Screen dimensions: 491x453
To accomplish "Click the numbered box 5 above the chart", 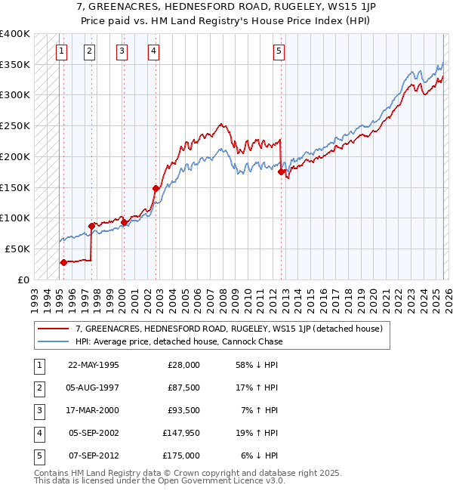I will click(x=279, y=51).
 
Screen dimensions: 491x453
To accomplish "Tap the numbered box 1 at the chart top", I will click(x=60, y=51).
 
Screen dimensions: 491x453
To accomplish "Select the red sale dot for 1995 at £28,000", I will click(x=63, y=262).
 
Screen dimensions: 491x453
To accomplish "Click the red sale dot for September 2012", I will click(x=281, y=172).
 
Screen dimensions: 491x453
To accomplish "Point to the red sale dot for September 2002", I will click(x=156, y=188).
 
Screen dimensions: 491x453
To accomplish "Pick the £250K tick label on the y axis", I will click(x=15, y=125).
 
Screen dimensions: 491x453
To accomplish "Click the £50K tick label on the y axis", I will click(x=17, y=249).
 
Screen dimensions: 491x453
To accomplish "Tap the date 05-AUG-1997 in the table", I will click(x=93, y=387).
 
